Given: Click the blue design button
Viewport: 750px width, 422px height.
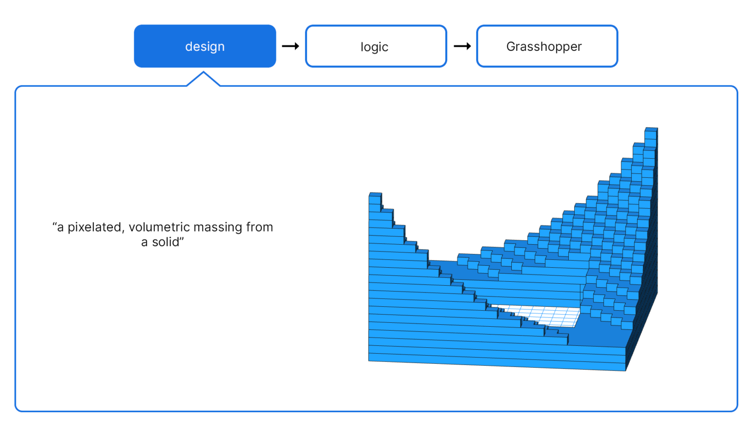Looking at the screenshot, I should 205,46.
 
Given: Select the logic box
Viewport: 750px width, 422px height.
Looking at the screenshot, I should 375,46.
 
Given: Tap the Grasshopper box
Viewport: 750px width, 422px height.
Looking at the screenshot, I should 547,46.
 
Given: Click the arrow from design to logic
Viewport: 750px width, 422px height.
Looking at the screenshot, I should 291,46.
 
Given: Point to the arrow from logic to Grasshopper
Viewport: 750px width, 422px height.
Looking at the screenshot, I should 462,46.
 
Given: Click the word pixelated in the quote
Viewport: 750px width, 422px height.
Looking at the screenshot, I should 94,227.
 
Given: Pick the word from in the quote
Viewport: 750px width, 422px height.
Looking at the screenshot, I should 259,227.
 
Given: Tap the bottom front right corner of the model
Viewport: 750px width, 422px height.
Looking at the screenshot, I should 625,370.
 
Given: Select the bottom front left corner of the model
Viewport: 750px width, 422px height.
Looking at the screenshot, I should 369,360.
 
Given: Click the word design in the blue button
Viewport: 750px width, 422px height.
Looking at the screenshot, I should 205,46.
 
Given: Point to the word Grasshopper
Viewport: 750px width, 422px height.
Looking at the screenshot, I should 544,46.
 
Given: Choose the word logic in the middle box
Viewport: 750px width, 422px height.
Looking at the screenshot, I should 375,47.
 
